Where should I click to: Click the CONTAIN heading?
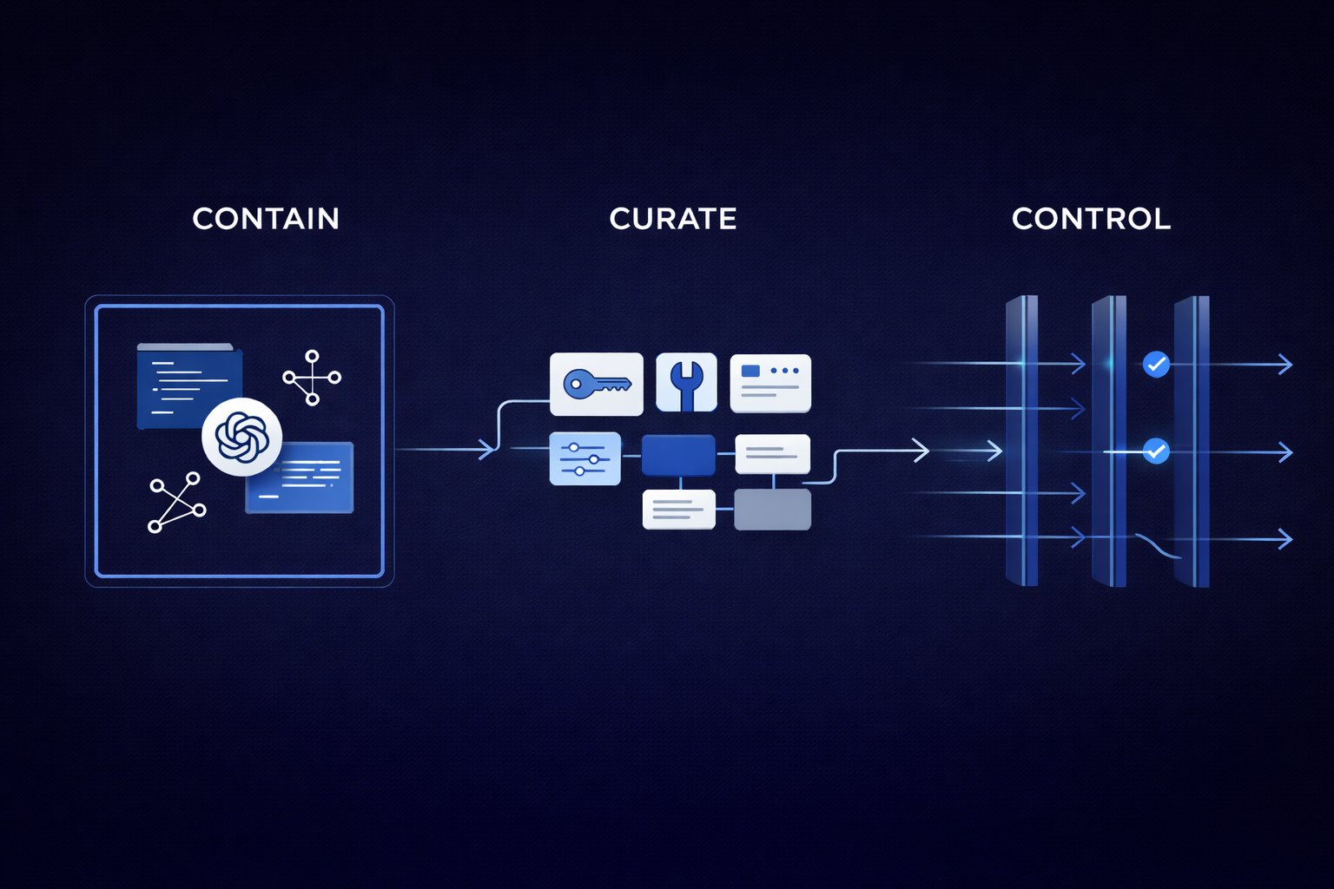[x=266, y=219]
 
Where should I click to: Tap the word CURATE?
[x=673, y=219]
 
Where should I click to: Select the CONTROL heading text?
[x=1091, y=219]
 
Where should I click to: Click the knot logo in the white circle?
[x=241, y=437]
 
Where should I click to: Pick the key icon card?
[x=597, y=384]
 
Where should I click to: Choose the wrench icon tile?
[x=686, y=382]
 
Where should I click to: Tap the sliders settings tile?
[x=584, y=458]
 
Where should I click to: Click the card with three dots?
[x=770, y=383]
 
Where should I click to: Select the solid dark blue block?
[x=678, y=456]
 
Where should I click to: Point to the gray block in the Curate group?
[x=772, y=510]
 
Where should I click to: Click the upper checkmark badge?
[x=1156, y=364]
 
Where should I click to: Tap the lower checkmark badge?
[x=1156, y=451]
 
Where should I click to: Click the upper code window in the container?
[x=188, y=386]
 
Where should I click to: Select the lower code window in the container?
[x=300, y=477]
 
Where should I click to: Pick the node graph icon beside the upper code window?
[x=312, y=378]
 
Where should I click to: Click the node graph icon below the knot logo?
[x=177, y=503]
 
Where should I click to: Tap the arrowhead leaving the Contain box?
[x=489, y=450]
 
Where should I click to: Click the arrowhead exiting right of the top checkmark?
[x=1285, y=365]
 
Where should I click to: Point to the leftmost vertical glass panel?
[x=1021, y=441]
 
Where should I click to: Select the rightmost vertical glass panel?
[x=1192, y=441]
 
